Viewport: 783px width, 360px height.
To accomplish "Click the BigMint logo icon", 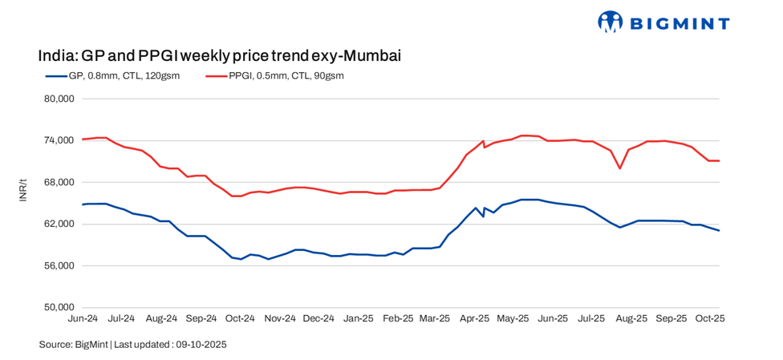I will coord(611,22).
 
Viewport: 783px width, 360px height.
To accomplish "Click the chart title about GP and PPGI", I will coord(219,55).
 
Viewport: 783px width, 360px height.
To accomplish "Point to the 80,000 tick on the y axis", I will coord(56,99).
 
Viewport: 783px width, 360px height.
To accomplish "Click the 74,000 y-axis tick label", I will coord(56,140).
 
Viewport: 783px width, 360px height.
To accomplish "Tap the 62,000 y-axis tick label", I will coord(56,224).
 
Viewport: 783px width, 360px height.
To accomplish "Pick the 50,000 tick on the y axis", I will coord(56,307).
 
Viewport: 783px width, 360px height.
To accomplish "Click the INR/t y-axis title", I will coord(23,203).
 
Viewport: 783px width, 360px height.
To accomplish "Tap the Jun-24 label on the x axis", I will coord(83,318).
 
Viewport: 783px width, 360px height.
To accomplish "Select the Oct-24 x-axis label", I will coord(240,318).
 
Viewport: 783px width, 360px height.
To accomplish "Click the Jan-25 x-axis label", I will coord(358,318).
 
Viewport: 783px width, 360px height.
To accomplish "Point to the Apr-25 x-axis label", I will coord(475,318).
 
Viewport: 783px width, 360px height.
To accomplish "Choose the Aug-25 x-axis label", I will coord(631,318).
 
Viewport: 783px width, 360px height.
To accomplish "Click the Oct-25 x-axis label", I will coord(710,318).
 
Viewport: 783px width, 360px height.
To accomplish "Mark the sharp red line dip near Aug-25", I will coord(620,168).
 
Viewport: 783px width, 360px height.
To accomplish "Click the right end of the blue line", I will coord(719,231).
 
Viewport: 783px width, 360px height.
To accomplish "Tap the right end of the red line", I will coord(719,161).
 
